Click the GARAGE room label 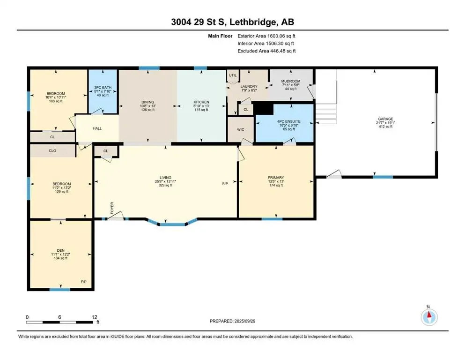point(385,119)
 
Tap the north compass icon point(429,317)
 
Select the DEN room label point(61,250)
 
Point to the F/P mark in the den point(84,282)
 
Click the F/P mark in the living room point(225,184)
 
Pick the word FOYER point(112,208)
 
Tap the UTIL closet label point(233,75)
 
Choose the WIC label point(241,130)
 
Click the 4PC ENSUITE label point(289,121)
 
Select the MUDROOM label point(291,81)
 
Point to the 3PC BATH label point(103,88)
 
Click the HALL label point(97,128)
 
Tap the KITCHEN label point(201,102)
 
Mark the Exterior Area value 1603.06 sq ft point(281,36)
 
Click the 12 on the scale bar point(94,317)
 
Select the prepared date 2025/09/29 point(244,321)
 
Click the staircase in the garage point(325,113)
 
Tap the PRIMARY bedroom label point(276,178)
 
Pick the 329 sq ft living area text point(165,185)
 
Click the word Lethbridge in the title point(253,22)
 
